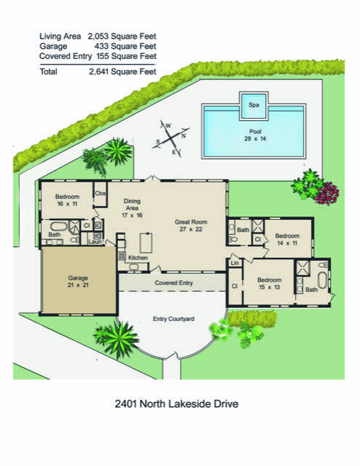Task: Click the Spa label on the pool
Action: (x=254, y=105)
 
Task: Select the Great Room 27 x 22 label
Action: (x=192, y=225)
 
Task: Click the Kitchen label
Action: (x=138, y=258)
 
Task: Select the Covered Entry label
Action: (x=173, y=282)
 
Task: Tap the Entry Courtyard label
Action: (x=173, y=319)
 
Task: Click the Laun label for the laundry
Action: (x=95, y=242)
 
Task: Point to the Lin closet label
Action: (x=235, y=262)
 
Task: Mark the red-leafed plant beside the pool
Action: (x=328, y=193)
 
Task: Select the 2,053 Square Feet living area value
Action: (x=122, y=35)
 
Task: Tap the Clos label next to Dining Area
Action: (x=101, y=194)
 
